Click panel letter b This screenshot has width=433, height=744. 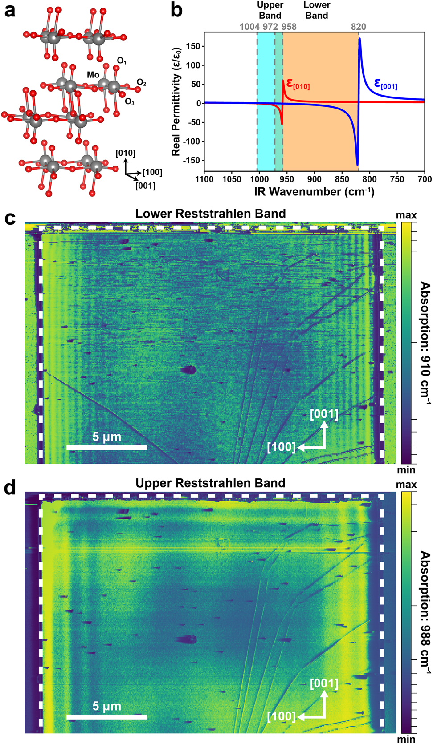point(176,10)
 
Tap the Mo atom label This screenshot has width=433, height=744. point(93,75)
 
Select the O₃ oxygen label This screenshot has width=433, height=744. point(130,102)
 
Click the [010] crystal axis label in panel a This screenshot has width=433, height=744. point(125,153)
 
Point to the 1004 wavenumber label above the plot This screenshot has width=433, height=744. point(249,27)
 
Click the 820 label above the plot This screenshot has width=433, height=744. point(358,27)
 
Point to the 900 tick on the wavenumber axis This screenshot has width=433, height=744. point(314,179)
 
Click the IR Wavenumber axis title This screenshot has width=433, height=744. point(314,192)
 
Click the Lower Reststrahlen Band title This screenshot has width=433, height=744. point(210,214)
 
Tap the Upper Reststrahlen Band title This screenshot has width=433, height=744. point(210,483)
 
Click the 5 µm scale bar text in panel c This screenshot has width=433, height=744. point(106,437)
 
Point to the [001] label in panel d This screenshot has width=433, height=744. point(324,684)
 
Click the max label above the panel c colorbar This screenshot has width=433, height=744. point(406,215)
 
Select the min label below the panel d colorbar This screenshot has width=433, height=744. point(406,739)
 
